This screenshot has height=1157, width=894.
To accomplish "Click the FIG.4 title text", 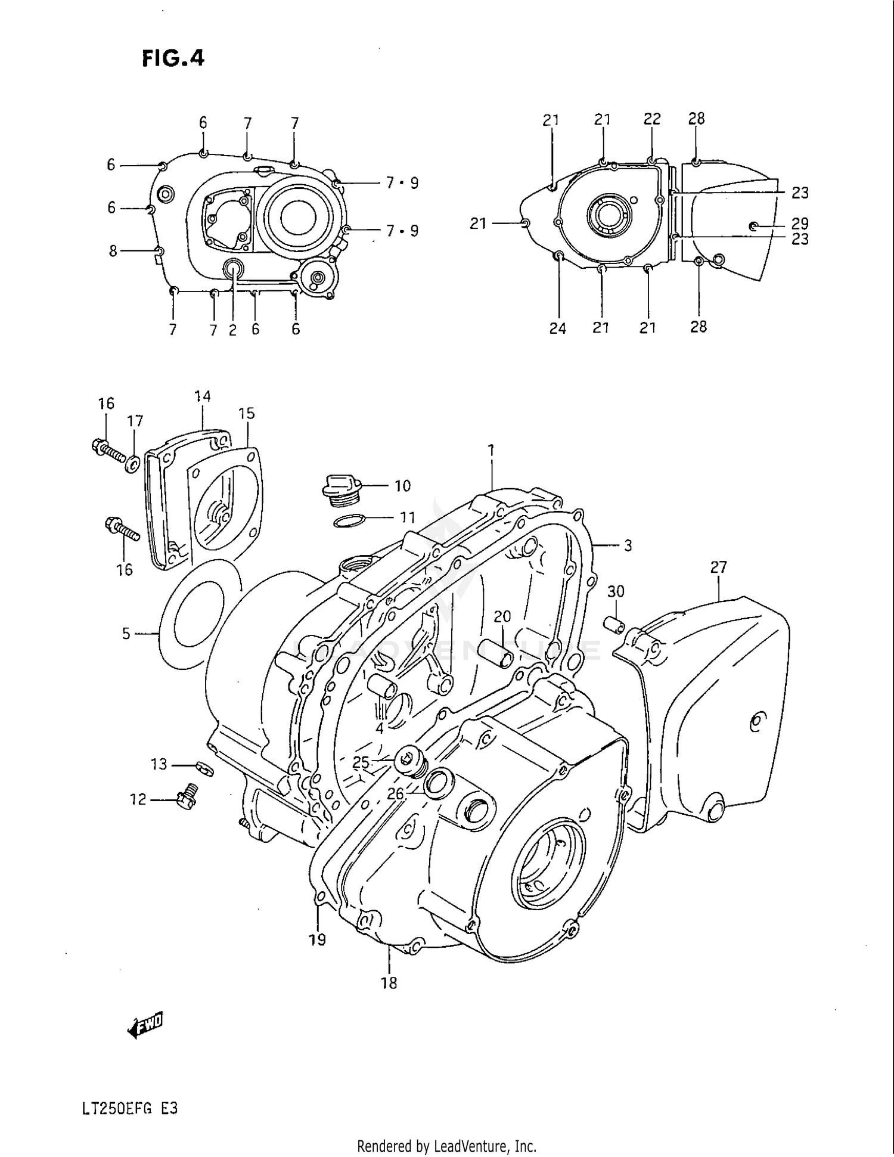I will (x=173, y=58).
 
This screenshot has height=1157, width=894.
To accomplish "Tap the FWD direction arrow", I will (x=145, y=1024).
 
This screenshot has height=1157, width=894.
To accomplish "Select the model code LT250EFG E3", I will (x=130, y=1109).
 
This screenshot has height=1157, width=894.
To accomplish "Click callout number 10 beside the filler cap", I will (x=403, y=486).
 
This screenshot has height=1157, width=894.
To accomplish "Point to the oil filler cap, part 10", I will (x=339, y=485).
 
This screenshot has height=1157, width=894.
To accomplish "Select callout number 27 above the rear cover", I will (x=719, y=567).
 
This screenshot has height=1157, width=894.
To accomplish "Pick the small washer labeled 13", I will (x=204, y=768).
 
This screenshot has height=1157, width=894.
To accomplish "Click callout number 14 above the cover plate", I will (x=202, y=396).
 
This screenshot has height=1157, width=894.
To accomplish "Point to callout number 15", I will (x=246, y=413).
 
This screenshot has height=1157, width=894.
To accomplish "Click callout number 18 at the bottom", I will (x=389, y=983).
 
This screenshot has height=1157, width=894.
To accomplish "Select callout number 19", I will (x=317, y=940).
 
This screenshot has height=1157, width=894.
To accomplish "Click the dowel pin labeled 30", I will (x=614, y=625).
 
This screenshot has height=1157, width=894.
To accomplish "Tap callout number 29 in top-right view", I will (x=800, y=224).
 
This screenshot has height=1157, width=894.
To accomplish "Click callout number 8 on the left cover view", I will (x=113, y=251).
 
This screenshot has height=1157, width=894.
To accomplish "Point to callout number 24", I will (x=557, y=328).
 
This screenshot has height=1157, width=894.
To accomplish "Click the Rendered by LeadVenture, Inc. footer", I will (x=446, y=1146).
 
